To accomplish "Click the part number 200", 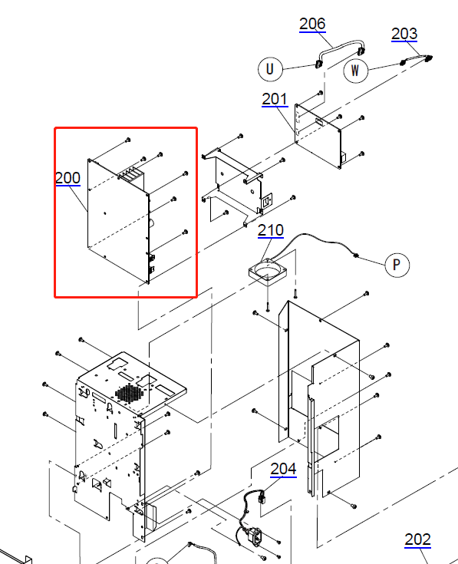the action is tap(68, 178).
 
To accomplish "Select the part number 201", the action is tap(275, 99).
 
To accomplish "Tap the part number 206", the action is tap(312, 24).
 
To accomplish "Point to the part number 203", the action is tap(404, 34).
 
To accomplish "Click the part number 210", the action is tap(271, 230).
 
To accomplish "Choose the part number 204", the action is tap(283, 469).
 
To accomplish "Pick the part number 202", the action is tap(417, 539).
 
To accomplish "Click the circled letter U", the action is tap(270, 69).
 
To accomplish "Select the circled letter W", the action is tap(355, 71).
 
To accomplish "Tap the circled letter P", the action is tap(397, 265).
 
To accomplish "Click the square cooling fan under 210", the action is tap(268, 272).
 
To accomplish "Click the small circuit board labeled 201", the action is tap(318, 136).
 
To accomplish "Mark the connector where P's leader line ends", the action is tap(355, 256).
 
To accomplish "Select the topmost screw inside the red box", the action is tap(128, 140).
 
